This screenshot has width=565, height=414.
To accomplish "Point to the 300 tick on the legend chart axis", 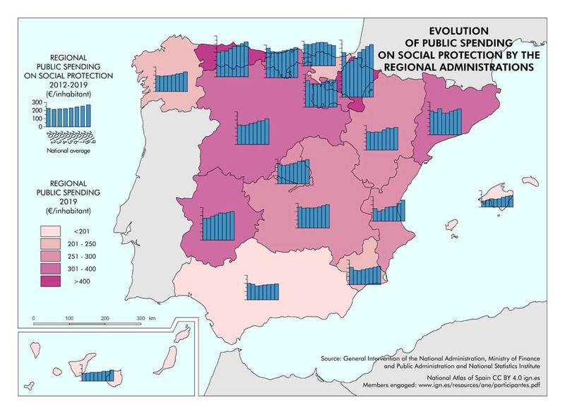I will coord(36,102).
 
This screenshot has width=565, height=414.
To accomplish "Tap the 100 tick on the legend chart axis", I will coord(36,118).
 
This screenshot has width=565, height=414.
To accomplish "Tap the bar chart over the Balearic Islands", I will coord(498,201).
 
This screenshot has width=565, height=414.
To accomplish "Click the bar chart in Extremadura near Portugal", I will coord(219,226).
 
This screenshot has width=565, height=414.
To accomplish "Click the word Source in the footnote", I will coord(334,359).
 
